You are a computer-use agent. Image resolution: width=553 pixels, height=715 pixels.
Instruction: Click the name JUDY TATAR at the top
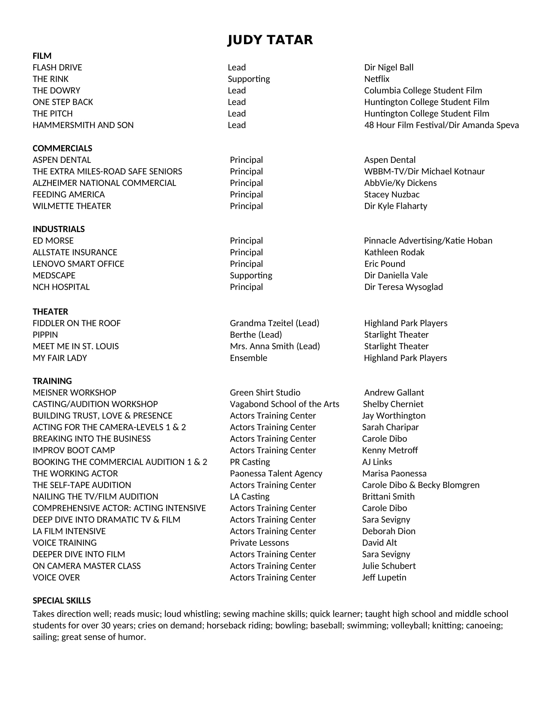pyautogui.click(x=270, y=40)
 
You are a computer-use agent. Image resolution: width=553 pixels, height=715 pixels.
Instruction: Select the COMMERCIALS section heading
pyautogui.click(x=62, y=148)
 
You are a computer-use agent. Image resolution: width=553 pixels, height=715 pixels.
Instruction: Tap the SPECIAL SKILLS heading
pyautogui.click(x=61, y=600)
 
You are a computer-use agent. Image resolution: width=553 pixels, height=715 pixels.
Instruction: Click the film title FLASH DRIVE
pyautogui.click(x=57, y=68)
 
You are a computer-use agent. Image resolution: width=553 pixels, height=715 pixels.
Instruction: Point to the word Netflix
pyautogui.click(x=377, y=79)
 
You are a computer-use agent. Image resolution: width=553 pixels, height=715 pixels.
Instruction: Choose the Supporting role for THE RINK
pyautogui.click(x=249, y=79)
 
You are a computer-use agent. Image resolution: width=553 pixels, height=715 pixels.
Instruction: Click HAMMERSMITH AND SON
pyautogui.click(x=83, y=125)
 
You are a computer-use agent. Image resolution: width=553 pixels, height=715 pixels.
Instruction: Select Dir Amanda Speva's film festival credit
pyautogui.click(x=441, y=125)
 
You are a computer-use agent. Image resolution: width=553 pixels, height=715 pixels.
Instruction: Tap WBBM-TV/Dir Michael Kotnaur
pyautogui.click(x=424, y=171)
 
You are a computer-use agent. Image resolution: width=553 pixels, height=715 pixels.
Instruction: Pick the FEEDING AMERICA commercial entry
pyautogui.click(x=68, y=194)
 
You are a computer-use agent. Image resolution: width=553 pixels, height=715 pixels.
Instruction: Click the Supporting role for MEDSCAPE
pyautogui.click(x=251, y=275)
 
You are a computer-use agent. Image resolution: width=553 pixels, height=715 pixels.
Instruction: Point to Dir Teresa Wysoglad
pyautogui.click(x=403, y=287)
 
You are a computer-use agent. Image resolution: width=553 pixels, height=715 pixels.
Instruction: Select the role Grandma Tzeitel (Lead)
pyautogui.click(x=275, y=323)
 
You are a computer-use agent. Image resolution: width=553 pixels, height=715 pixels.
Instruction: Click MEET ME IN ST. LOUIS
pyautogui.click(x=76, y=346)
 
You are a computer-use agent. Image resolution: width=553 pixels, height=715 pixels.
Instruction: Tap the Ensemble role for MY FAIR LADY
pyautogui.click(x=248, y=358)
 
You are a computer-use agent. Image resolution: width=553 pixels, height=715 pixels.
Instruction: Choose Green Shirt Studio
pyautogui.click(x=265, y=392)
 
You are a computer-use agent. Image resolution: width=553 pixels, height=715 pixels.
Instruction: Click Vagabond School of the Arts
pyautogui.click(x=284, y=404)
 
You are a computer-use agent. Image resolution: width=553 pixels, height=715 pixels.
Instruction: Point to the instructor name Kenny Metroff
pyautogui.click(x=390, y=450)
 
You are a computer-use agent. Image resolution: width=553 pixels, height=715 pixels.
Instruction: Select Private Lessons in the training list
pyautogui.click(x=259, y=542)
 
